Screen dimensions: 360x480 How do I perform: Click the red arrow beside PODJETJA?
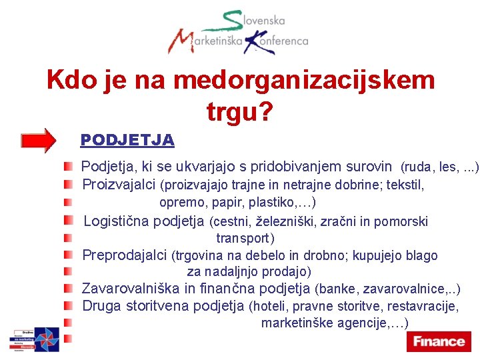click(x=39, y=140)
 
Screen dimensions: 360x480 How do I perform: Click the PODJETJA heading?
click(x=127, y=140)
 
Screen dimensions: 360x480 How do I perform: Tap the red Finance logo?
click(x=438, y=341)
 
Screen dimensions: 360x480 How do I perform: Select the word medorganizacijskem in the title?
click(x=303, y=81)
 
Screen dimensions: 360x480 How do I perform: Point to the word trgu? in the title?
click(x=240, y=112)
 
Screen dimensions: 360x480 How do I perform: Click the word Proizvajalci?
click(x=119, y=184)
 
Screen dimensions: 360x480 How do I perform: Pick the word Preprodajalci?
click(x=125, y=255)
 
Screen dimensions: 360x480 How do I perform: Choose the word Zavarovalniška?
click(x=131, y=289)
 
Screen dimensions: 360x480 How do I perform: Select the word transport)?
click(x=245, y=238)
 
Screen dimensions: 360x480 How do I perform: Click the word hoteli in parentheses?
click(x=268, y=307)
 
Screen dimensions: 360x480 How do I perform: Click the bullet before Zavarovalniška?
click(x=69, y=289)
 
